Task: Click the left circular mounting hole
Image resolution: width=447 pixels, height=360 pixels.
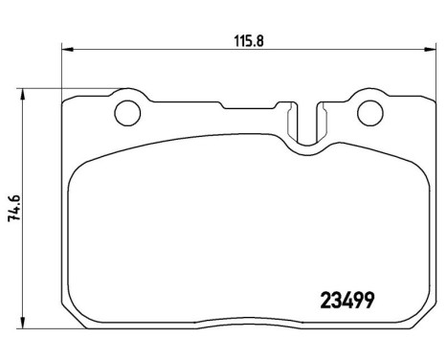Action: tap(126, 114)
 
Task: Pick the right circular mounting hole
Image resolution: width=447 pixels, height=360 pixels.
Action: tap(369, 114)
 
